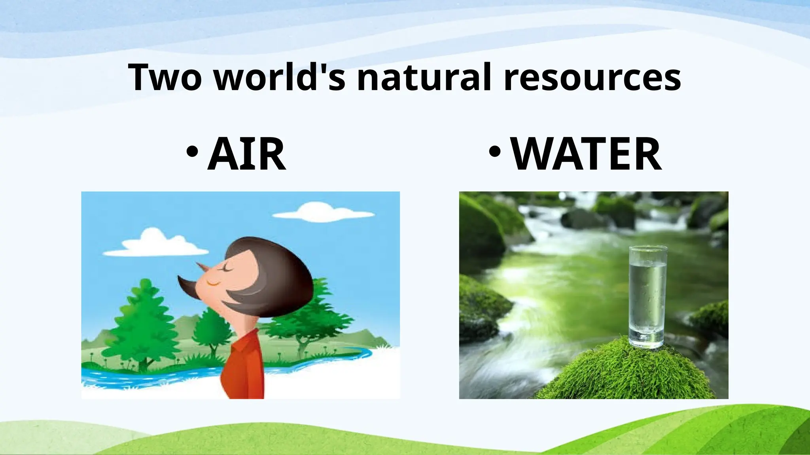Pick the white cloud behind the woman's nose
pos(156,243)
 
